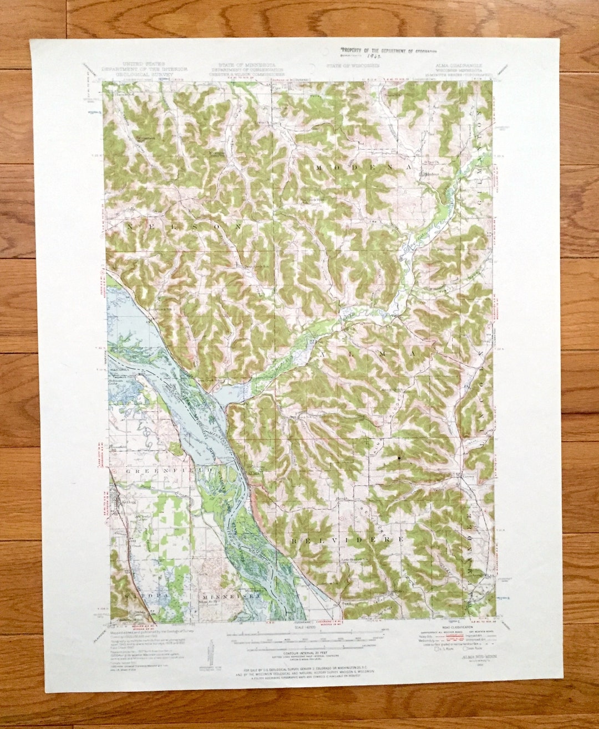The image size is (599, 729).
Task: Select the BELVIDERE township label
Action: point(347,538)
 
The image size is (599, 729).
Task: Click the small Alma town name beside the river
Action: point(253,474)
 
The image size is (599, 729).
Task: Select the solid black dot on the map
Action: point(399,458)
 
